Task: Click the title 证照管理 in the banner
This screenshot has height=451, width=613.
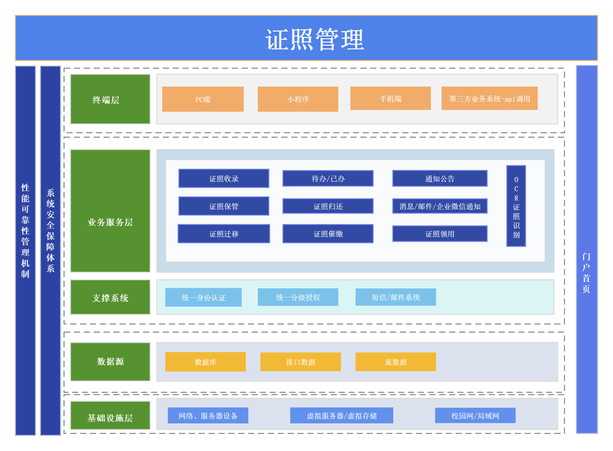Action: click(315, 39)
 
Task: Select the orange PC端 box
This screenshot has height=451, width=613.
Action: click(203, 99)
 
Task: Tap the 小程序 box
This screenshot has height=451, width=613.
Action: click(298, 99)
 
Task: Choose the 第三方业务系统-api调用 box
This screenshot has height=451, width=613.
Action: click(490, 98)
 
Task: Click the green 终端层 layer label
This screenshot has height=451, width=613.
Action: click(110, 99)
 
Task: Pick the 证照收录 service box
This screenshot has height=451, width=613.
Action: click(224, 178)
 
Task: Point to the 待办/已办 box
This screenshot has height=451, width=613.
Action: click(328, 178)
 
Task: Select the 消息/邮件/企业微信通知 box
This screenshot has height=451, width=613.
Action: click(440, 206)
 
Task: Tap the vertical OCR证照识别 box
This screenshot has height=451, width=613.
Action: click(516, 206)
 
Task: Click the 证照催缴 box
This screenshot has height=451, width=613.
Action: click(328, 234)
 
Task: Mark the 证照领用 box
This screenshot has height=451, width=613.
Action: click(440, 234)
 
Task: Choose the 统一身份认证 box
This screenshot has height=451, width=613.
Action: click(203, 297)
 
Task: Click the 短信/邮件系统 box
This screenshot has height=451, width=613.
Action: click(396, 297)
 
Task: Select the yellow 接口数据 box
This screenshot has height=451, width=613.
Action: click(301, 362)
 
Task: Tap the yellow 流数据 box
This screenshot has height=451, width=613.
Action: click(396, 362)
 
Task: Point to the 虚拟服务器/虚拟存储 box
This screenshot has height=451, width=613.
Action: click(342, 416)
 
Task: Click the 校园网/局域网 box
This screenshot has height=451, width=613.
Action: click(475, 416)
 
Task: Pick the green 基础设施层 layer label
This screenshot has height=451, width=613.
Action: click(110, 416)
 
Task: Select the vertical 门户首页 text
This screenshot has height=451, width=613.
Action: click(586, 273)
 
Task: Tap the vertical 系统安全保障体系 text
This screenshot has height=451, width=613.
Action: click(50, 230)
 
